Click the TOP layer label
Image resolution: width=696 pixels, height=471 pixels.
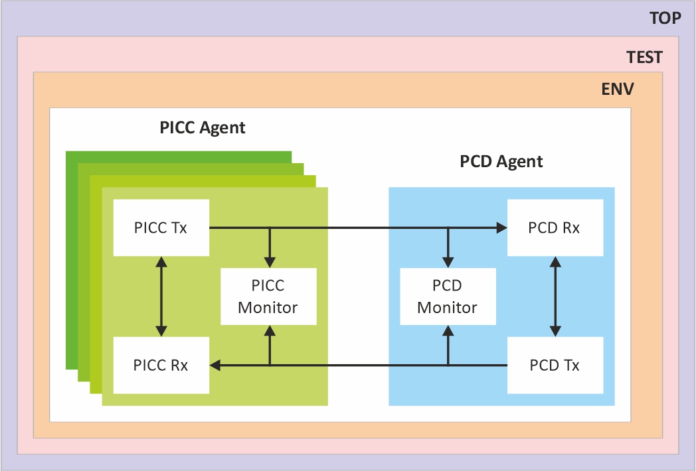665,18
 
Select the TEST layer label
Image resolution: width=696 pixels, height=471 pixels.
644,57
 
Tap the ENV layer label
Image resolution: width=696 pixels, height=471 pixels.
618,89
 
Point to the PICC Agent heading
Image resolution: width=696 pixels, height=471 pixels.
203,127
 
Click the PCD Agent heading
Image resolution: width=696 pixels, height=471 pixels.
501,161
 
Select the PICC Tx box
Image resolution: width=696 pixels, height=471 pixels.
161,228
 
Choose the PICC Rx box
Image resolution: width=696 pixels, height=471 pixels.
161,365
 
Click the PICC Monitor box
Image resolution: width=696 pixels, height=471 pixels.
268,297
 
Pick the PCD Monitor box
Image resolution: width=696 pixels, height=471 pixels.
448,297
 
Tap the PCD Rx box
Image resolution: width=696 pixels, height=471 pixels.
555,228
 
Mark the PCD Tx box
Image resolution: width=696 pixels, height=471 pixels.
555,365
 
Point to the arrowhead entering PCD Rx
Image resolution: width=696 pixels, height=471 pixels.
501,228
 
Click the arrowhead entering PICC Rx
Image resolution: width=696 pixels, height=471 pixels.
216,365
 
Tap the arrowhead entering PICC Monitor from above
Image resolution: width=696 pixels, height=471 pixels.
270,262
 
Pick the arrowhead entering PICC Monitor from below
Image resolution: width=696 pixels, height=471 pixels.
270,330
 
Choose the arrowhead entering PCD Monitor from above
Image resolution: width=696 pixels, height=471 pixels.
448,262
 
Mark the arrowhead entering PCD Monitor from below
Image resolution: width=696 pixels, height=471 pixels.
448,330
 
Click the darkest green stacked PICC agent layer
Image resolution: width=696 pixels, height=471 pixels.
72,265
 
